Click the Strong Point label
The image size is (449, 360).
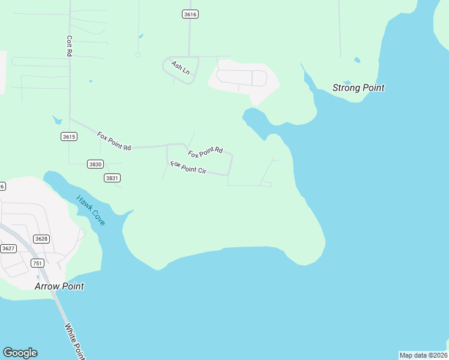click(358, 88)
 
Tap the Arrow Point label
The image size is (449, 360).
click(59, 286)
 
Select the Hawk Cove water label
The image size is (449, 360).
click(91, 211)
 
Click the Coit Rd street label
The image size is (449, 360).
click(70, 46)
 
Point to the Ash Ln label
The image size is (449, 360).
click(180, 67)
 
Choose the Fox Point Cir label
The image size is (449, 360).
click(188, 167)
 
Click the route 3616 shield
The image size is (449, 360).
click(190, 14)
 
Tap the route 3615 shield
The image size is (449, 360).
click(69, 137)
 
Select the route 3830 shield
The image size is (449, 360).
click(95, 164)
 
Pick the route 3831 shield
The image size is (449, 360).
click(112, 178)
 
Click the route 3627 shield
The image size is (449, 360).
click(8, 248)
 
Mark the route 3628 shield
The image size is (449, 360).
click(41, 239)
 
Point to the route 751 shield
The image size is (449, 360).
click(37, 263)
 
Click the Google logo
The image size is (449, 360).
click(20, 353)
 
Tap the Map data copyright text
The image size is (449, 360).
click(423, 355)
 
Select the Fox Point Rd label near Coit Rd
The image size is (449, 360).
click(113, 141)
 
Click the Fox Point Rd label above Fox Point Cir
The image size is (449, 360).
click(205, 152)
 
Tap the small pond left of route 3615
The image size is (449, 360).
click(57, 119)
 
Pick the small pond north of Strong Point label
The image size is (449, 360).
click(357, 60)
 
